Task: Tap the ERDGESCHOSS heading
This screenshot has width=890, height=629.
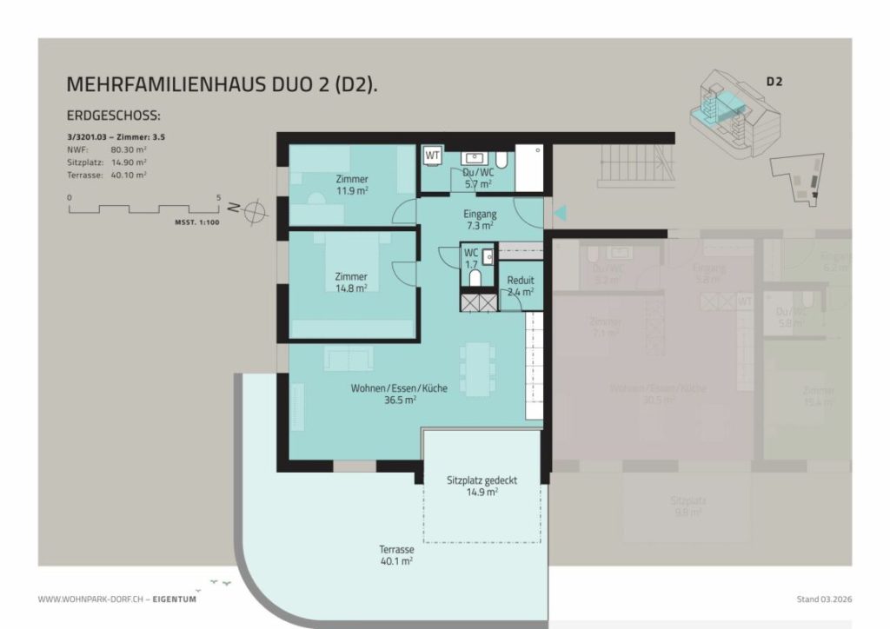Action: pyautogui.click(x=114, y=116)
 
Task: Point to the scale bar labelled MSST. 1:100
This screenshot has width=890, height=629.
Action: pyautogui.click(x=144, y=209)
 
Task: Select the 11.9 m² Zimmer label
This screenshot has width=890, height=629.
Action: pyautogui.click(x=352, y=184)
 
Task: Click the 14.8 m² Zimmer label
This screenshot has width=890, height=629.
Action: pyautogui.click(x=351, y=281)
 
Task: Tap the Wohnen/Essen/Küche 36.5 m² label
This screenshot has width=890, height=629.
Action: pyautogui.click(x=399, y=394)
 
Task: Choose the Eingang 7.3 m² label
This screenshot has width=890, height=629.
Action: pyautogui.click(x=481, y=218)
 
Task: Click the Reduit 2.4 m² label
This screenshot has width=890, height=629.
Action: pyautogui.click(x=521, y=286)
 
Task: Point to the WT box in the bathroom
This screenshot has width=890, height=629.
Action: pyautogui.click(x=432, y=156)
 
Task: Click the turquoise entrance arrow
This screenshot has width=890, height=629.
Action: pyautogui.click(x=561, y=212)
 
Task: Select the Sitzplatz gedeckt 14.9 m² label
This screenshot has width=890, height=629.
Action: pyautogui.click(x=484, y=485)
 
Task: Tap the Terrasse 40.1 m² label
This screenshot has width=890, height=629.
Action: pyautogui.click(x=395, y=555)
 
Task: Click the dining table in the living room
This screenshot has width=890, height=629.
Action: pyautogui.click(x=477, y=368)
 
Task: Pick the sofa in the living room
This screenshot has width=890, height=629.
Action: pyautogui.click(x=349, y=357)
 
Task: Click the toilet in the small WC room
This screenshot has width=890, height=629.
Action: pyautogui.click(x=475, y=278)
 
